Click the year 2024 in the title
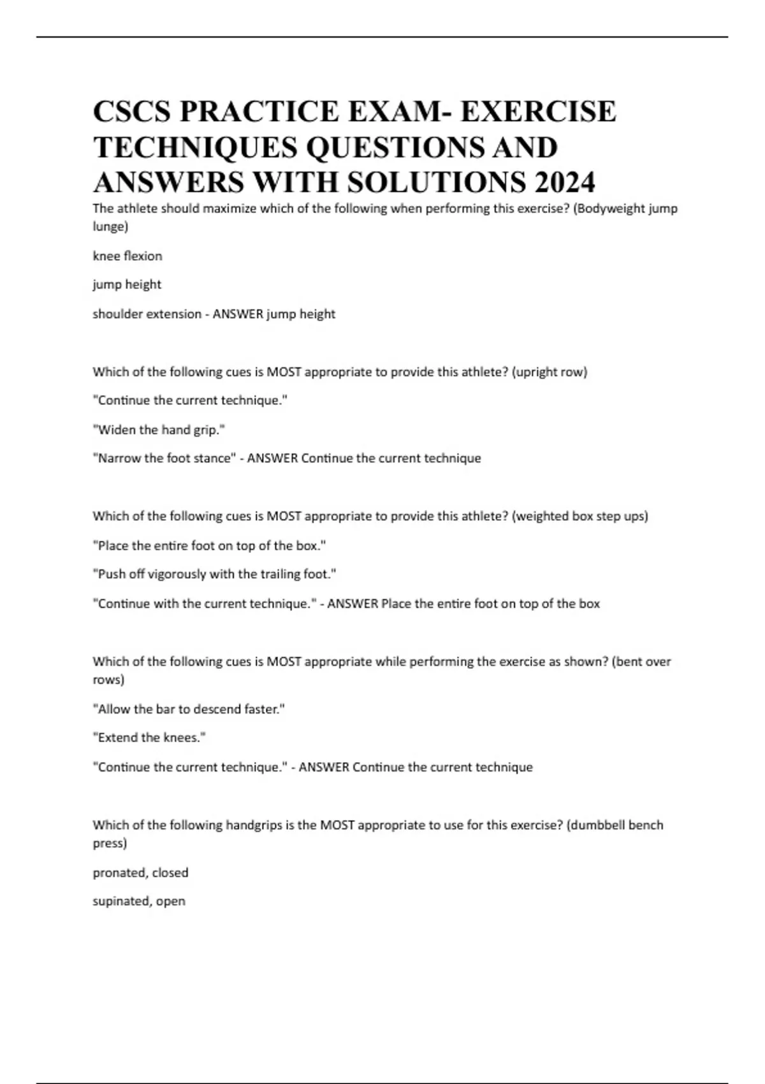565,182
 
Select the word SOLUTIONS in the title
437,182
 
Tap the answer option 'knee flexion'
127,256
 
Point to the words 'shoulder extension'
147,314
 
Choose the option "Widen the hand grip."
159,430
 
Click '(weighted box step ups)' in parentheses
579,516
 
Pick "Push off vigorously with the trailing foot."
214,574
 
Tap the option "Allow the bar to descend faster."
189,709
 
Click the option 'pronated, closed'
140,872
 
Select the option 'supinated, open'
139,901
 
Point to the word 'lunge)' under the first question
110,226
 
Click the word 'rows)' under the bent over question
108,680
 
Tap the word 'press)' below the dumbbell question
110,843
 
